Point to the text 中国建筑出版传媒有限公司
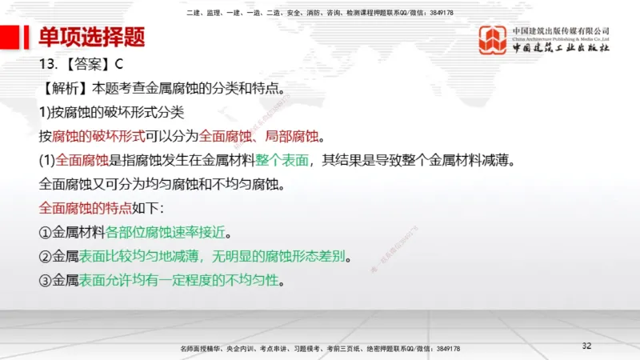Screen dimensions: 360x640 point(562,31)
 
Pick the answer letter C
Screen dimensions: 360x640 point(117,63)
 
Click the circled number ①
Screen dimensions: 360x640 point(46,233)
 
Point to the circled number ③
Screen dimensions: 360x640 point(46,281)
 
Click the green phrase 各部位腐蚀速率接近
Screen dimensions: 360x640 point(166,233)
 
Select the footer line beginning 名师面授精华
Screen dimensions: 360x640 point(321,350)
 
